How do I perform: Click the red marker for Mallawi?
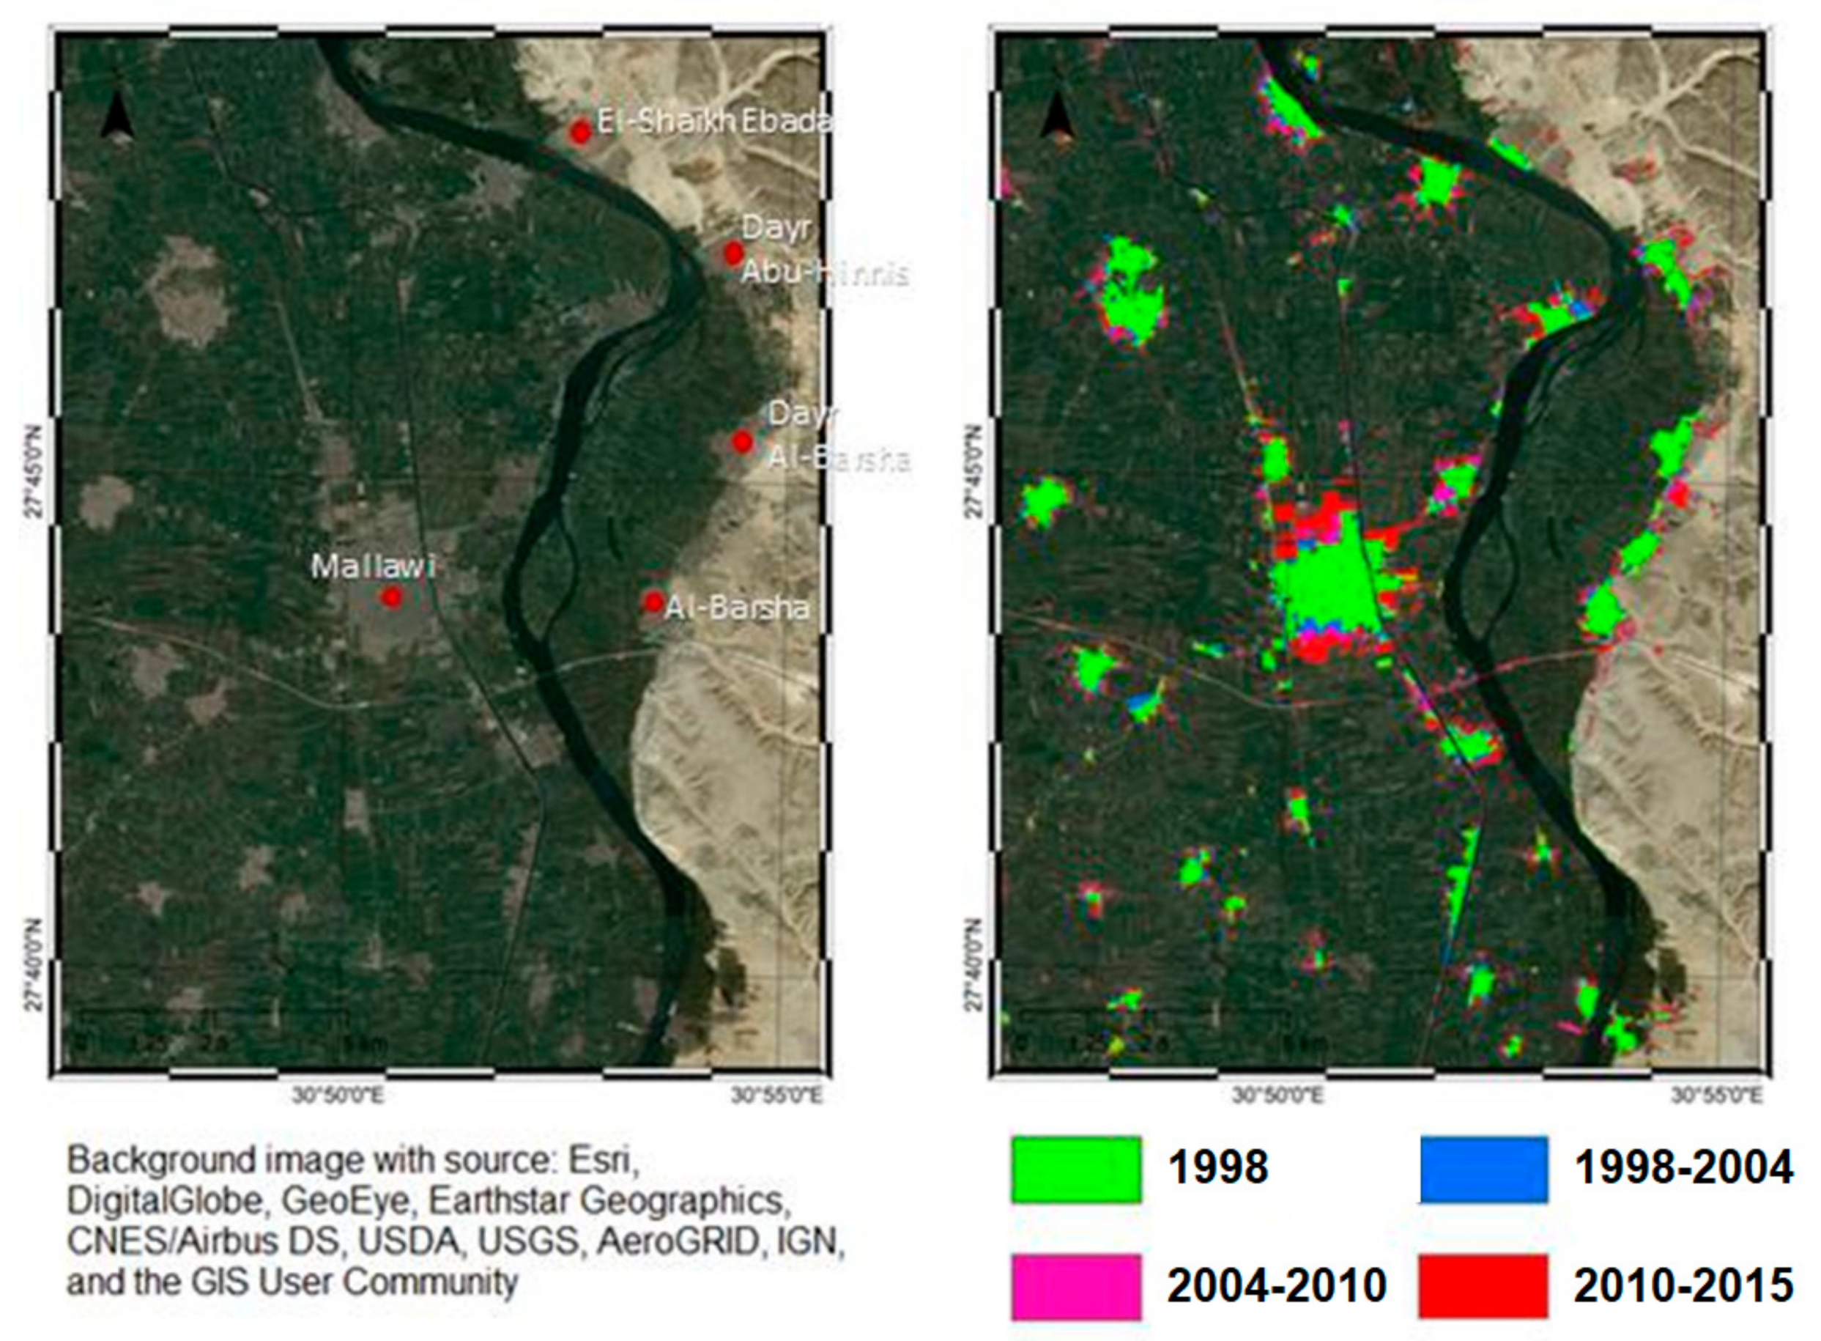point(392,596)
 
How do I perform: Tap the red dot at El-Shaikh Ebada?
point(580,131)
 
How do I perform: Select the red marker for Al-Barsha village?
point(654,602)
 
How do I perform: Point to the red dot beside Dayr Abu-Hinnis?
point(733,254)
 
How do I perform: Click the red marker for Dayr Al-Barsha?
point(743,442)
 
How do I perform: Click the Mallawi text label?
point(372,566)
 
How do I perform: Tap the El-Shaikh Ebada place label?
point(714,122)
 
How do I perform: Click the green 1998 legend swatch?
point(1076,1169)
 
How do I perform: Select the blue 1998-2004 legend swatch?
point(1483,1169)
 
